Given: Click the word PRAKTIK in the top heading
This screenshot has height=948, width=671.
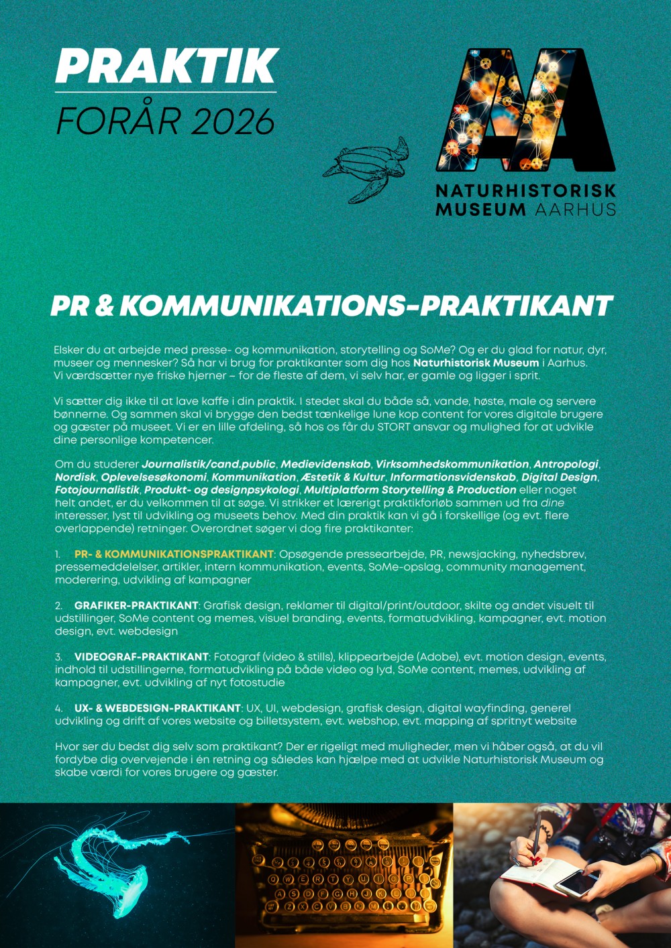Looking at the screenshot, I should tap(166, 66).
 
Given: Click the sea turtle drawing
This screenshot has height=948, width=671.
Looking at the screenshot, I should tap(366, 168).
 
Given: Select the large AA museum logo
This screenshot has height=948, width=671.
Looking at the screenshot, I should tap(525, 109).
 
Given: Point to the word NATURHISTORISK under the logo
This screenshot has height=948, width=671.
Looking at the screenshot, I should tap(525, 191).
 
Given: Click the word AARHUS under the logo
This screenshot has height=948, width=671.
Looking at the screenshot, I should tap(575, 209).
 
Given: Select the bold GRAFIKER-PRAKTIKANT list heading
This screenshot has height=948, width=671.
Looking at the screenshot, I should tap(136, 605).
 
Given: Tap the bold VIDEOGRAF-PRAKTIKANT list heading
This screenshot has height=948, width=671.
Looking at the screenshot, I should tap(142, 657).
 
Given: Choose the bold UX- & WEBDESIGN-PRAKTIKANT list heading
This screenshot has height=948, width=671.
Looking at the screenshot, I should tap(158, 708).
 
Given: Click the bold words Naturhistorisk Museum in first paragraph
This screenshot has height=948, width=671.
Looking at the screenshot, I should tap(476, 363).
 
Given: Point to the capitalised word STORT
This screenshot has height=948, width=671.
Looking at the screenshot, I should tap(394, 427).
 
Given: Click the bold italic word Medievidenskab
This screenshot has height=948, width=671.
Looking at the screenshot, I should tap(325, 464).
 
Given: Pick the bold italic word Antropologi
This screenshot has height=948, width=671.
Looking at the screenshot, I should tap(566, 464).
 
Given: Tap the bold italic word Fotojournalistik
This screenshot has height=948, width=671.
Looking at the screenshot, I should tap(97, 490).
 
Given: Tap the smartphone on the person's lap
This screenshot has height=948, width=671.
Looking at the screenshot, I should tap(576, 883).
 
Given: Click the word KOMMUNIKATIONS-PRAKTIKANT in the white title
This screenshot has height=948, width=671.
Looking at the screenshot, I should tap(366, 306).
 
